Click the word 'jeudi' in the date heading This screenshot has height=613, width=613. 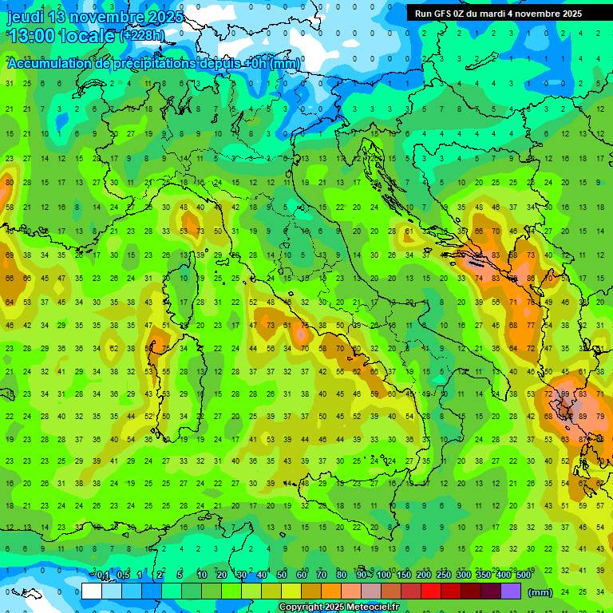(26, 17)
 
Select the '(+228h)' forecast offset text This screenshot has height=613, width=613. (142, 36)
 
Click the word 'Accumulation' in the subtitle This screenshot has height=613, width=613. (49, 64)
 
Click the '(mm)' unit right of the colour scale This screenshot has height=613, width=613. (540, 592)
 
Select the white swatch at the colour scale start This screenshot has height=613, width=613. (92, 591)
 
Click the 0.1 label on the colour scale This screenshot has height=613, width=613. (103, 575)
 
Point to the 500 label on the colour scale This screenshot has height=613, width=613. (523, 575)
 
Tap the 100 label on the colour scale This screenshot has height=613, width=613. (384, 575)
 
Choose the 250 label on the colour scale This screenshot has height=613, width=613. (444, 575)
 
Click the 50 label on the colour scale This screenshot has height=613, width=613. (282, 575)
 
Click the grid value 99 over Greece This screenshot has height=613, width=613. (565, 394)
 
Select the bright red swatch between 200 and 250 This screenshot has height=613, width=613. (431, 591)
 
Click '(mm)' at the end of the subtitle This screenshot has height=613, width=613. (285, 64)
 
